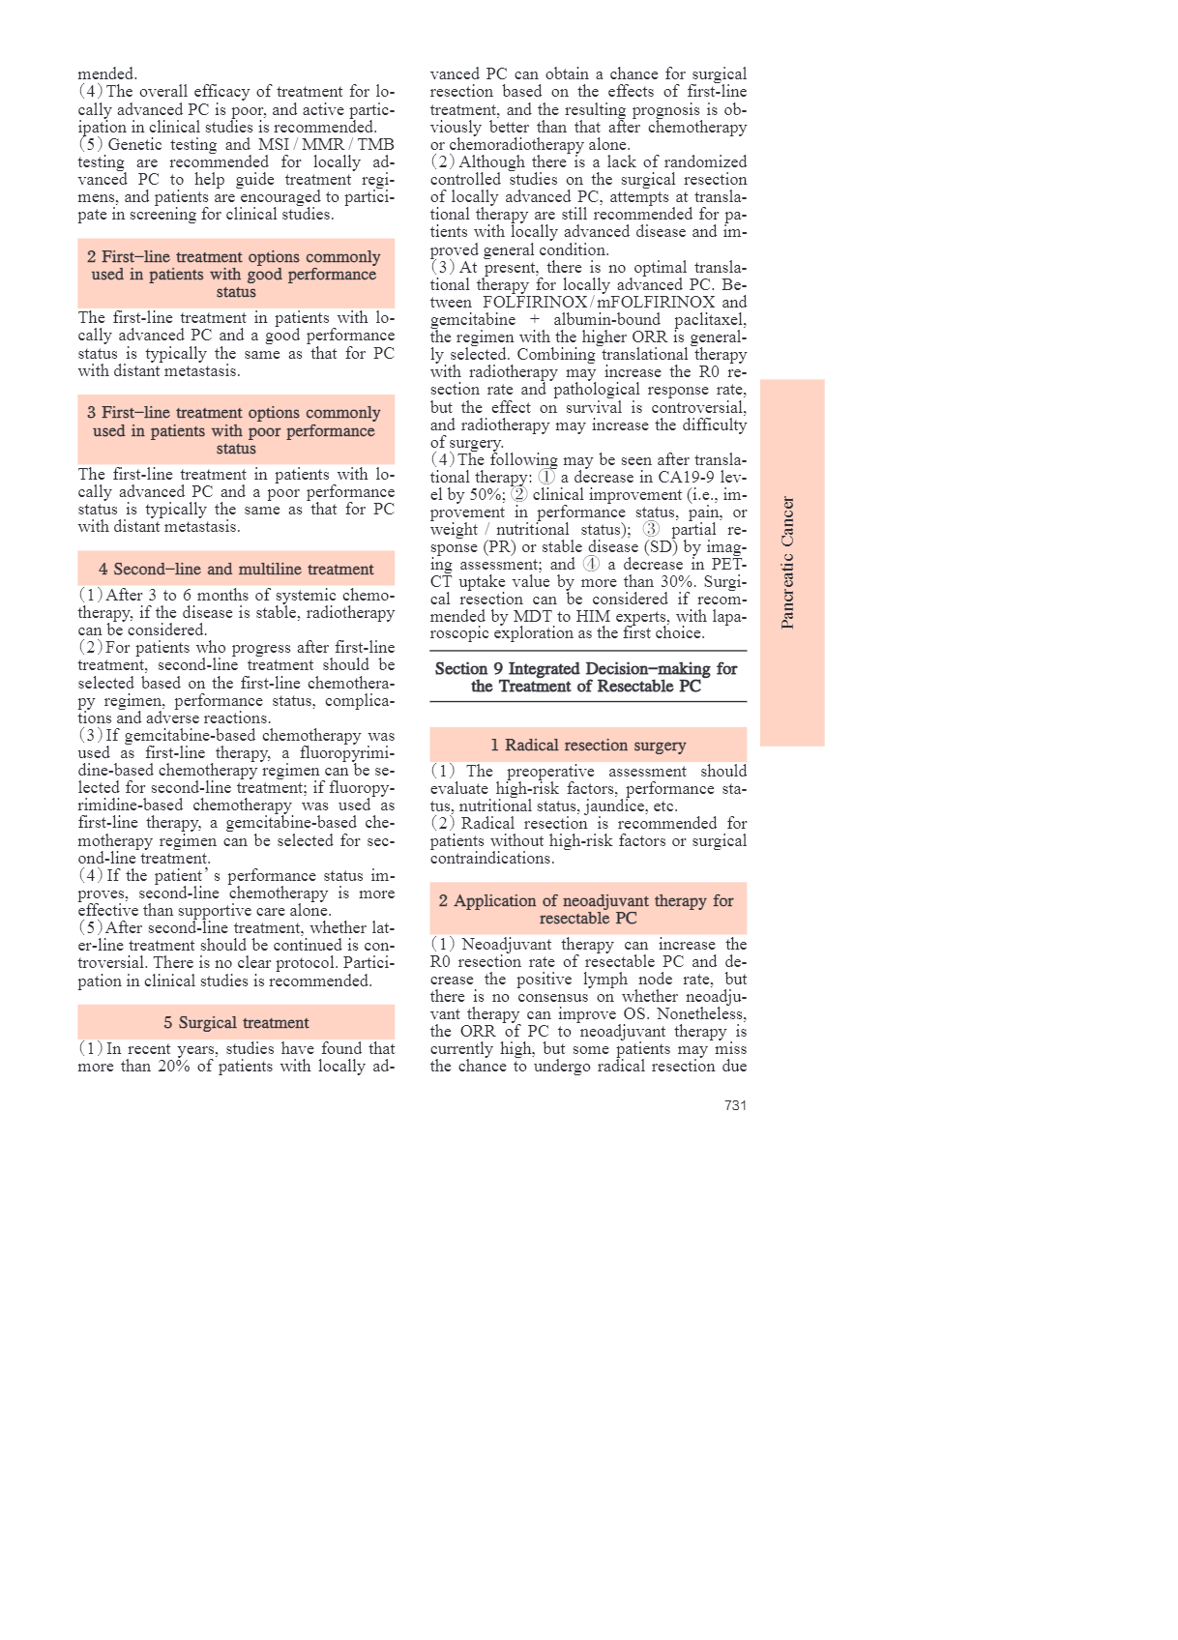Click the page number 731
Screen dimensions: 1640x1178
point(735,1105)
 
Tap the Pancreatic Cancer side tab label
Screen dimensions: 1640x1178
point(788,563)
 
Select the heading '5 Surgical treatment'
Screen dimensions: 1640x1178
point(236,1023)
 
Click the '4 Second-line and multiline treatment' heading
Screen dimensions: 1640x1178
point(236,570)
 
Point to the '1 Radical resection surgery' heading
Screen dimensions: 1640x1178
point(588,746)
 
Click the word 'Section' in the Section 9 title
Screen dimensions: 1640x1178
point(461,669)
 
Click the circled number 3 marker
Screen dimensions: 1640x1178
point(651,530)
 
